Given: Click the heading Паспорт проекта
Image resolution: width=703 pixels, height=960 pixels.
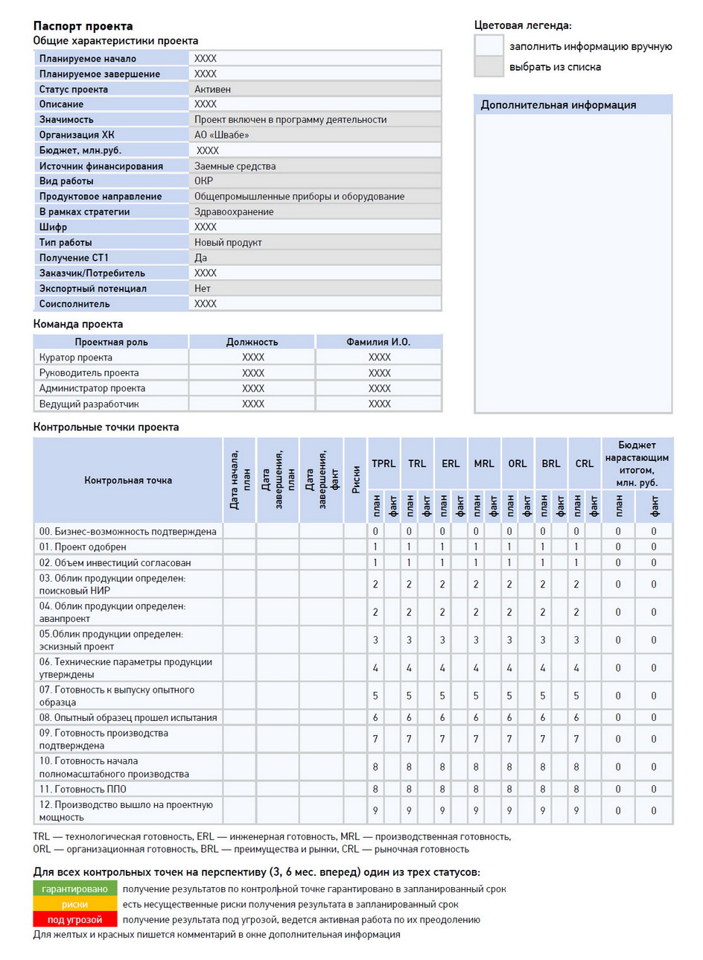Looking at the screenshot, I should (x=83, y=26).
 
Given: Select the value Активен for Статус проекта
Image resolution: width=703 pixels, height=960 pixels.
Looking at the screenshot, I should (x=212, y=89).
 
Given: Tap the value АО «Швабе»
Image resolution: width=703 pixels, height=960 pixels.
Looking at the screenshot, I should (x=221, y=135).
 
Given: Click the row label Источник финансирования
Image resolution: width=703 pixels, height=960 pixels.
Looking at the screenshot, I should (x=101, y=166).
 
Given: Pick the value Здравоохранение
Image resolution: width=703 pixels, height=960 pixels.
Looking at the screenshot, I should (x=234, y=212).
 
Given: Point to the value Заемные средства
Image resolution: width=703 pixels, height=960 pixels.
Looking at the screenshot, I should (x=235, y=166).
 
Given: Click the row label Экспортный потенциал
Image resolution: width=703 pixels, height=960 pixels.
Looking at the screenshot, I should (x=92, y=288).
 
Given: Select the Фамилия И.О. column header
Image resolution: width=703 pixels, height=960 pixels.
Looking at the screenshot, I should (x=378, y=342).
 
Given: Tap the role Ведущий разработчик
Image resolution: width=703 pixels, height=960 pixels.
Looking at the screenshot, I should (x=89, y=404).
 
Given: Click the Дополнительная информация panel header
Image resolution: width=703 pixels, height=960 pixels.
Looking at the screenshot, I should (x=558, y=105).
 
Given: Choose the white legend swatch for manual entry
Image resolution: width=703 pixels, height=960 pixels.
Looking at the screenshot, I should (x=489, y=45).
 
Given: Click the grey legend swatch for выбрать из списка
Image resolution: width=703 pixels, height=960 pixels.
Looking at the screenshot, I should (x=489, y=66).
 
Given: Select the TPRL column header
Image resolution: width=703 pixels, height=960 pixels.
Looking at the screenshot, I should (x=384, y=463).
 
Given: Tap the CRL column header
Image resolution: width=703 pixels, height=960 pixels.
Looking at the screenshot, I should (x=584, y=463).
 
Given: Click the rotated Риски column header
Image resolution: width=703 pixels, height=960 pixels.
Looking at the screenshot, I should (x=355, y=480).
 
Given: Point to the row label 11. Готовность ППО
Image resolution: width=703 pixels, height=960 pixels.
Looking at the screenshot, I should (x=83, y=789).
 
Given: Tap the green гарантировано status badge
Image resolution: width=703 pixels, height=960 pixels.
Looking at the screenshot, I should (x=74, y=889).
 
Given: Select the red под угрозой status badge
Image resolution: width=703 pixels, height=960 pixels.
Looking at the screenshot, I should (x=74, y=920).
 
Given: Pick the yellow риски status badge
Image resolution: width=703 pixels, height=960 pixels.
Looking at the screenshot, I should (x=74, y=904).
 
